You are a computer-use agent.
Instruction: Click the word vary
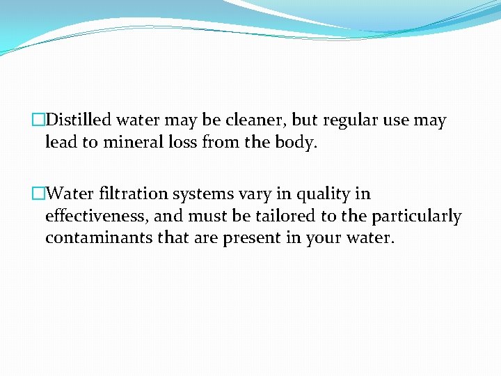point(256,194)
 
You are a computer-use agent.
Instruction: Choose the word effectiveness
point(97,216)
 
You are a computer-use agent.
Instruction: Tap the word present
point(250,238)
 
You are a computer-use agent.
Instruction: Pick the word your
point(323,238)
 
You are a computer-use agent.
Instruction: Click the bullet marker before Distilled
point(39,120)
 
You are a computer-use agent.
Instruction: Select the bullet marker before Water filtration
point(39,194)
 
